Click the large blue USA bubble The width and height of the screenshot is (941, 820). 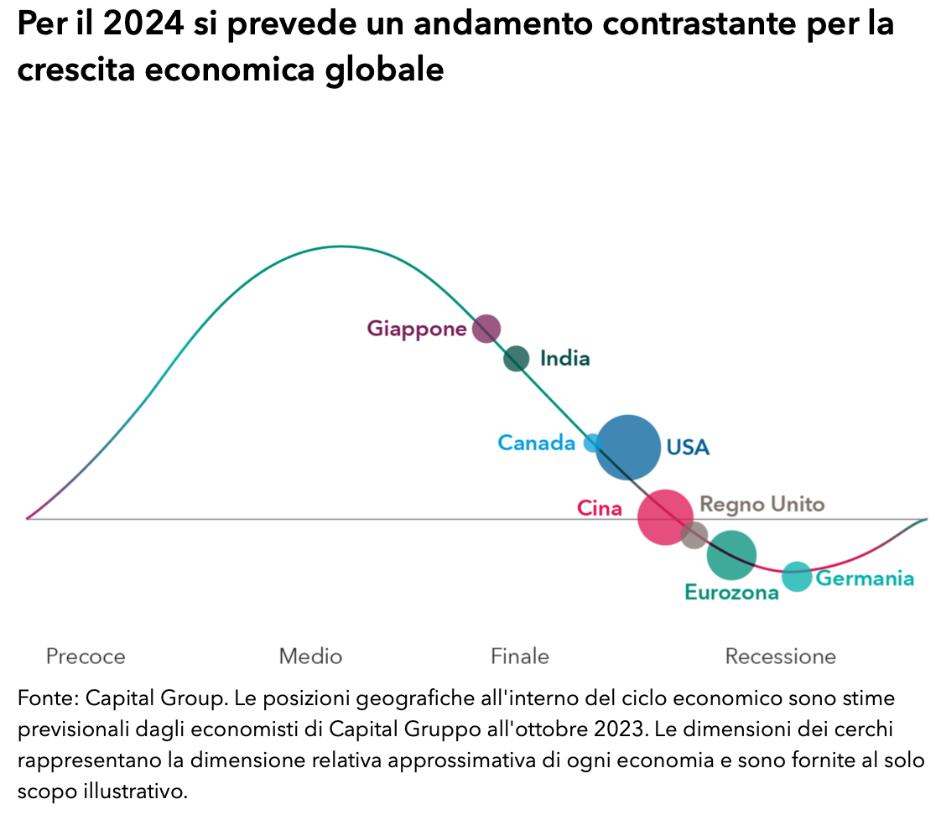coord(628,448)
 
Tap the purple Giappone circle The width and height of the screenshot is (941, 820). coord(486,329)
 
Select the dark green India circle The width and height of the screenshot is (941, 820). coord(517,359)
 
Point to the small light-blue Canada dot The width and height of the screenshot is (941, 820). coord(592,443)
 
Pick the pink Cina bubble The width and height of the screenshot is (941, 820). coord(665,517)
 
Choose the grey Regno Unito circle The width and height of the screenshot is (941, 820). coord(694,535)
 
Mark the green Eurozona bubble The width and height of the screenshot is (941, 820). coord(731,554)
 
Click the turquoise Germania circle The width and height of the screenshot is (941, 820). coord(797,576)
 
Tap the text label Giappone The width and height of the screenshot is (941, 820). coord(416,329)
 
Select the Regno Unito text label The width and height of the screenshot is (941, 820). coord(762,505)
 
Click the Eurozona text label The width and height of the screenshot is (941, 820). coord(731,593)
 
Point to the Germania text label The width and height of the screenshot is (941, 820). coord(865,579)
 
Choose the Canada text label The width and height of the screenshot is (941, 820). coord(537,443)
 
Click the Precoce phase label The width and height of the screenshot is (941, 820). coord(86,656)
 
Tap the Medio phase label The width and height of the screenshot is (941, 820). coord(310,656)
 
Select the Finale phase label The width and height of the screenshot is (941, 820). coord(520,656)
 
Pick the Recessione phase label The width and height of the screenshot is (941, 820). coord(780,656)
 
